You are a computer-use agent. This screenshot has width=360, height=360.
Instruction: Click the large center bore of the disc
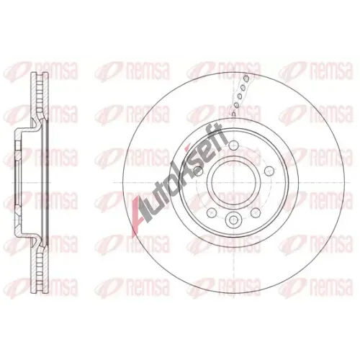[234, 183]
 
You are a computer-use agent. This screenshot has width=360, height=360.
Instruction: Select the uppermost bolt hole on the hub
[234, 145]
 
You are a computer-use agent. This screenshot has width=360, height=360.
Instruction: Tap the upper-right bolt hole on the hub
[269, 171]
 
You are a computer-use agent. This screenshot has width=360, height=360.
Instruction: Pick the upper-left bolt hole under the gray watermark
[198, 171]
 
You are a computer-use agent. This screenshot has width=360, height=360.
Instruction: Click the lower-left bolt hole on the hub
[212, 212]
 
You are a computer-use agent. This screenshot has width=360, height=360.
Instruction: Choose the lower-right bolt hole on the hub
[256, 212]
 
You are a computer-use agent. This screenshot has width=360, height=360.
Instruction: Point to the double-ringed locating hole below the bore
[234, 219]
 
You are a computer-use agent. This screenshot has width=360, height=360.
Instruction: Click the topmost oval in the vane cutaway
[246, 78]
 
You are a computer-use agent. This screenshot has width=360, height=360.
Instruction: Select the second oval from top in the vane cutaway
[243, 88]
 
